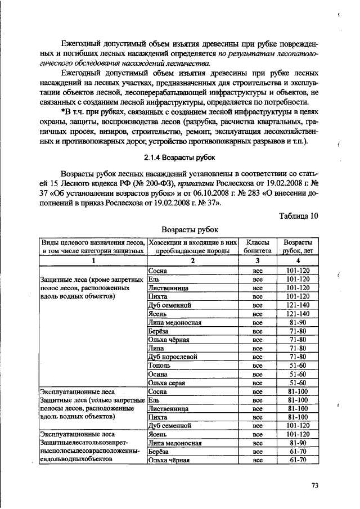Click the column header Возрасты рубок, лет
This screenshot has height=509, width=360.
point(298,246)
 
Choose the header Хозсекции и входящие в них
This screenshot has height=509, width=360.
point(193,241)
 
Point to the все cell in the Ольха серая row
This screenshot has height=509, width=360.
point(258,382)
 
